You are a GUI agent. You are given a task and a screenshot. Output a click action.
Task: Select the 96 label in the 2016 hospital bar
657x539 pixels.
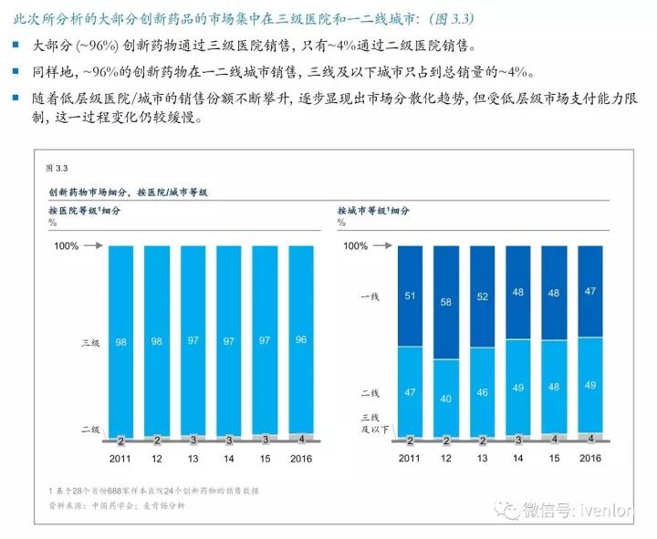coord(301,340)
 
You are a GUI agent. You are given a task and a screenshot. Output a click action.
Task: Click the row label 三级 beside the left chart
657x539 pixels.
coord(90,343)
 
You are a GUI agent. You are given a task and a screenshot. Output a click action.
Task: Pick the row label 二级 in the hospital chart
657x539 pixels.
coord(90,429)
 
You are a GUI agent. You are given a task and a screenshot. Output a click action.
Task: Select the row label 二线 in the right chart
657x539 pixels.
coord(370,392)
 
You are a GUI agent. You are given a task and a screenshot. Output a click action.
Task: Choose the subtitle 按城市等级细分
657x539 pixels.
coord(374,210)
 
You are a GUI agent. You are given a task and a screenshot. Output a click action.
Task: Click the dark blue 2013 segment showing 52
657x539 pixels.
coord(483,296)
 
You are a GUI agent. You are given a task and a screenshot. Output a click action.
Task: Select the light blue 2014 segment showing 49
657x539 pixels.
coord(518,388)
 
